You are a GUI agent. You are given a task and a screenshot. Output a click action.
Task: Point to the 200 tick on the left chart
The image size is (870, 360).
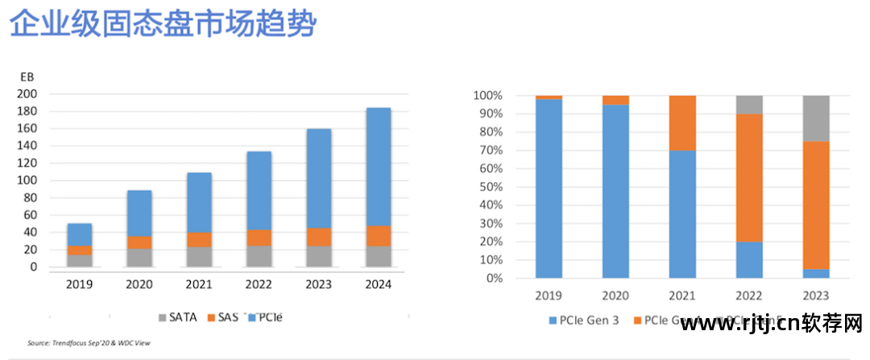27,93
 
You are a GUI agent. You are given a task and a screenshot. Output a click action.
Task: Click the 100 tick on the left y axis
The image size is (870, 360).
27,180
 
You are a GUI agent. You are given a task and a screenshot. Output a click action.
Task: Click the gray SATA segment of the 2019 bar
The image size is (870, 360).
79,260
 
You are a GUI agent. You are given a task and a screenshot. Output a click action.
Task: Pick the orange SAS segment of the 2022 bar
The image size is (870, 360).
259,238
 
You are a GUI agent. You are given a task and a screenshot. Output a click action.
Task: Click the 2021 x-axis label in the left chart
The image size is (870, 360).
199,284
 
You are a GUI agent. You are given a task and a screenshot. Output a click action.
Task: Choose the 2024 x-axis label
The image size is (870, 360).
378,284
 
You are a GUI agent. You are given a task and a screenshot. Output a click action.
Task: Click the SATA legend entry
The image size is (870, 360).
177,317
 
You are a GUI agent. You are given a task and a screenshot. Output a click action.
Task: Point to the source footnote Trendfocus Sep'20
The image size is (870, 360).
89,343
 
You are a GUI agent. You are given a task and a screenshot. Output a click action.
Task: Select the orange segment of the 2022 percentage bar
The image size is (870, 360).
749,177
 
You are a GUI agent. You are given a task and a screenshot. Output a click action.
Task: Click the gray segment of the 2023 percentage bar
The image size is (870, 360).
815,118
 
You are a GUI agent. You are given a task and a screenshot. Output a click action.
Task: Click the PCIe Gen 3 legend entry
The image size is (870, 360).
583,321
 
